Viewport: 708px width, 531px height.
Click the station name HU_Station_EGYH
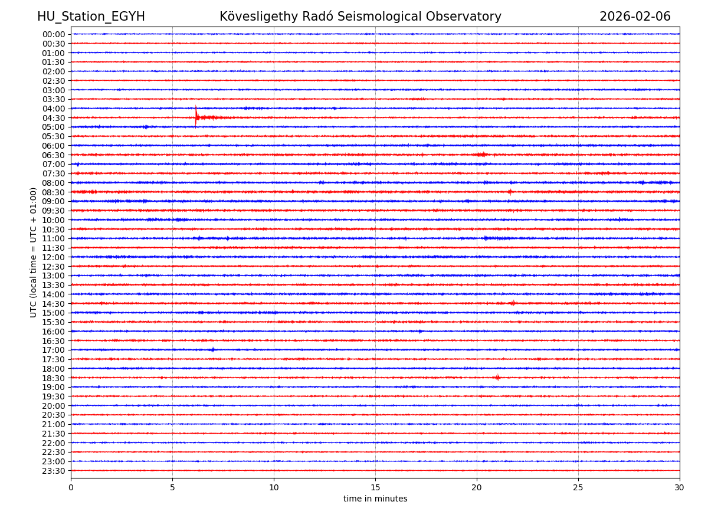click(91, 17)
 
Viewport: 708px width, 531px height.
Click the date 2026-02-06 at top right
click(635, 17)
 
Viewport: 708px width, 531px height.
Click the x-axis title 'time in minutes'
click(375, 499)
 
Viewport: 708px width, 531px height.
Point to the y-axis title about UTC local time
click(34, 253)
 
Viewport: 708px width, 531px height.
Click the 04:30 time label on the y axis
click(54, 118)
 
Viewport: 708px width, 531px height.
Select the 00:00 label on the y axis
click(54, 34)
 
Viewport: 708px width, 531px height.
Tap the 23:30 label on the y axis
click(54, 471)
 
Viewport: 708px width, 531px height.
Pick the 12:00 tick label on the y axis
click(54, 257)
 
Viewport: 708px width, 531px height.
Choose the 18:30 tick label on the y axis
click(54, 378)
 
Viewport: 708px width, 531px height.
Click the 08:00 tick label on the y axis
click(54, 183)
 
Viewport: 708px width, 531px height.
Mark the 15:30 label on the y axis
click(54, 322)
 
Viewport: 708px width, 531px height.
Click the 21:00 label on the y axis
click(54, 424)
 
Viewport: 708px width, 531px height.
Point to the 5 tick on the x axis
click(172, 488)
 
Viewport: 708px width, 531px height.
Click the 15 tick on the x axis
click(375, 488)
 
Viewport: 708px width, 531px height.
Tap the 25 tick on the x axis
click(578, 488)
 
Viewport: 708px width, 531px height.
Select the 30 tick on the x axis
click(680, 488)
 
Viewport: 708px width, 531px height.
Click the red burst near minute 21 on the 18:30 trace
click(497, 378)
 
